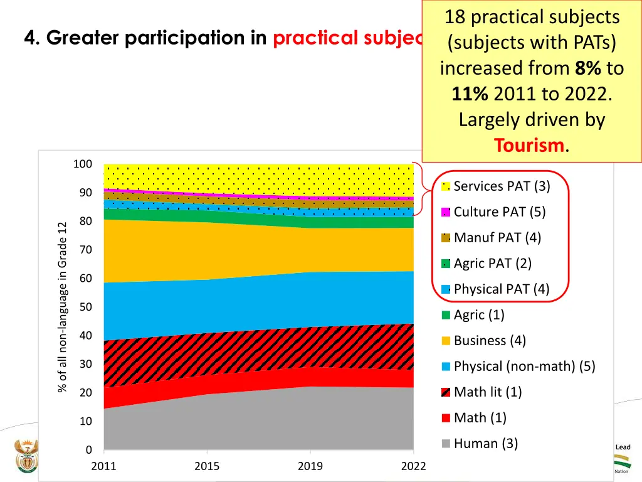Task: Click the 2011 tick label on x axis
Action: (x=104, y=466)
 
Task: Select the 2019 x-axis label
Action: (x=310, y=466)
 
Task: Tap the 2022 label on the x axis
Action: (x=413, y=466)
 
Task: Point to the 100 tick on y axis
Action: (x=83, y=164)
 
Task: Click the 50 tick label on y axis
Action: (x=85, y=308)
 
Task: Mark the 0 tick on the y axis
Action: (x=88, y=450)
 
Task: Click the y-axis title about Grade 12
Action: (x=62, y=307)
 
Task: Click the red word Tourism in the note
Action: (x=529, y=146)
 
